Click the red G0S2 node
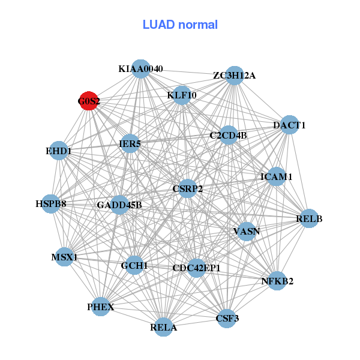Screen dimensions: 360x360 [89, 101]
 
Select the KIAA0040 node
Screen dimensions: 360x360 [140, 68]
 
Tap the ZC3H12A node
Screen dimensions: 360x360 [235, 75]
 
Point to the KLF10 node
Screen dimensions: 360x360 [182, 95]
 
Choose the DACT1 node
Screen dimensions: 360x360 [290, 125]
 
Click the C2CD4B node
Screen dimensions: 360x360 [229, 135]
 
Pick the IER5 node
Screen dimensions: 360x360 [130, 144]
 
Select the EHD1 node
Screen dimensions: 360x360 [58, 151]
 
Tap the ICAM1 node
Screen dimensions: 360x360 [276, 176]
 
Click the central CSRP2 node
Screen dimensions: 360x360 [188, 188]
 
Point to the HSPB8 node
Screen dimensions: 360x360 [51, 203]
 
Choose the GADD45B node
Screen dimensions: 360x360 [119, 205]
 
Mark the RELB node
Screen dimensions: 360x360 [309, 219]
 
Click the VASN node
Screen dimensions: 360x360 [246, 231]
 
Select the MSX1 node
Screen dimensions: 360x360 [65, 257]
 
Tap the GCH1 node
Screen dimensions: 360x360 [134, 265]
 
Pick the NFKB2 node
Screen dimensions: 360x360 [277, 281]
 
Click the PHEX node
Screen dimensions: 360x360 [100, 307]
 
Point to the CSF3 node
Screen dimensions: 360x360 [227, 318]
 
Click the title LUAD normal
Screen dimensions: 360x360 [180, 25]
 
